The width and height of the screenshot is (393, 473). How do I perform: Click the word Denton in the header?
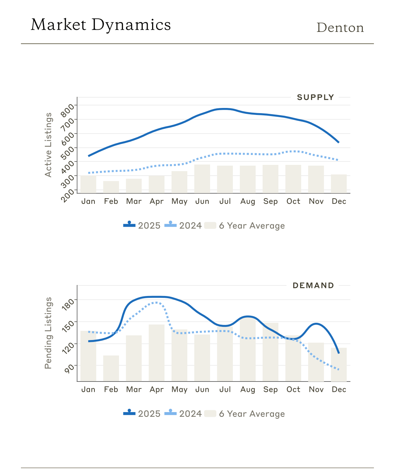pos(340,28)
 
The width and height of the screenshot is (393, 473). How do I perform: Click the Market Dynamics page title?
pos(101,25)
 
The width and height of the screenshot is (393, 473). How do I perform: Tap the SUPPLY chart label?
pos(316,97)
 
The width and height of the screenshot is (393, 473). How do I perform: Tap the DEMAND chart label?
pos(313,285)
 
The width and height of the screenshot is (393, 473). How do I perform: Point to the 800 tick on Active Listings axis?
pos(68,109)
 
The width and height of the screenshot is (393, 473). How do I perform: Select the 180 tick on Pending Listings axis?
pos(68,304)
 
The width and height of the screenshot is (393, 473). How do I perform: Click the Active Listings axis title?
pos(48,145)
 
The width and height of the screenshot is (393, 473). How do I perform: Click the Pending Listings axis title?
pos(48,333)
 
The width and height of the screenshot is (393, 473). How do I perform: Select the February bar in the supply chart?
pos(111,187)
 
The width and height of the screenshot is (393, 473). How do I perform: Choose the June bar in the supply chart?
pos(202,178)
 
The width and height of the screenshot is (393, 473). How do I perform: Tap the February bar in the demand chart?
pos(111,368)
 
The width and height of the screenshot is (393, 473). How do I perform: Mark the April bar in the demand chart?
pos(156,353)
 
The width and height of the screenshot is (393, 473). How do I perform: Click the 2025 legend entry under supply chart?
pos(142,225)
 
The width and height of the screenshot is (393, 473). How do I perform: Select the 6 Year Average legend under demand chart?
pos(245,414)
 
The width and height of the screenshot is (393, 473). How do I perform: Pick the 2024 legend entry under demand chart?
pos(183,414)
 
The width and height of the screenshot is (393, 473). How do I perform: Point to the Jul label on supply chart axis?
pos(225,201)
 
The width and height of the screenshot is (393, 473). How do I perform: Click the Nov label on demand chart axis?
pos(316,389)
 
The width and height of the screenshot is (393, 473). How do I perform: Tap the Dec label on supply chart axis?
pos(339,201)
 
